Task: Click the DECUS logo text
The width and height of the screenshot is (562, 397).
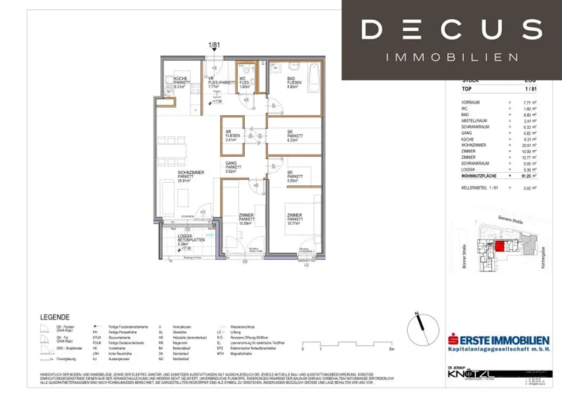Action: [452, 29]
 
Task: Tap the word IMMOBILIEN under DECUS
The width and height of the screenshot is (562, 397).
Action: [452, 57]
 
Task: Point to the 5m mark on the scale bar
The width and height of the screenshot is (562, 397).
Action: [391, 349]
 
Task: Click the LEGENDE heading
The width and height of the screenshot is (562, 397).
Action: [55, 317]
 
